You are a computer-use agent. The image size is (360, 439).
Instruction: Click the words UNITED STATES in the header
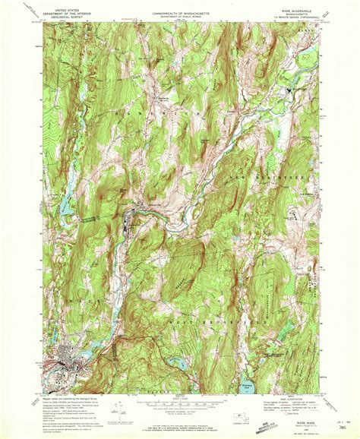pyautogui.click(x=62, y=5)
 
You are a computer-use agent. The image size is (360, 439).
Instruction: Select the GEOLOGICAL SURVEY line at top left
pyautogui.click(x=62, y=13)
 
